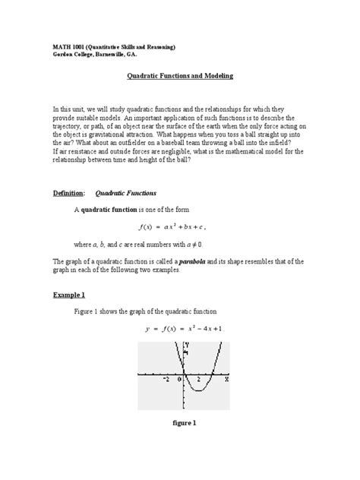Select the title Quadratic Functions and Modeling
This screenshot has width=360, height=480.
pyautogui.click(x=179, y=77)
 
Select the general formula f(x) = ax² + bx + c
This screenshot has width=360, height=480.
pyautogui.click(x=174, y=226)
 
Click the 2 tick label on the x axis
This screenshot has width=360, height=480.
pyautogui.click(x=198, y=378)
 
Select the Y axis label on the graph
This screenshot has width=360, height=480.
pyautogui.click(x=187, y=346)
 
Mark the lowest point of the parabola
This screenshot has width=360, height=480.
pyautogui.click(x=197, y=390)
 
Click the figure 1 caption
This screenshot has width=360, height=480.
pyautogui.click(x=184, y=423)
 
